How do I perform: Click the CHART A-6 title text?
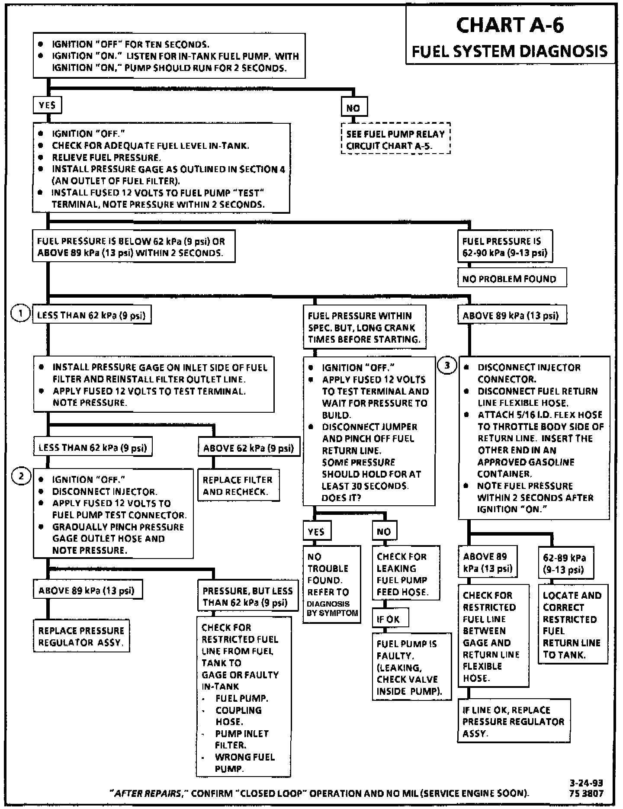[510, 25]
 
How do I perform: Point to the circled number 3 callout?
[447, 366]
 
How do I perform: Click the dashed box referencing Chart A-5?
[395, 140]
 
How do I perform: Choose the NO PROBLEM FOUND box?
[512, 279]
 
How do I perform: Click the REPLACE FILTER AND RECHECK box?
[238, 485]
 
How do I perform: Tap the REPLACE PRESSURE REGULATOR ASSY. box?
[81, 636]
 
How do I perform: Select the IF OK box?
[389, 620]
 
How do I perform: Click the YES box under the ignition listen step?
[47, 105]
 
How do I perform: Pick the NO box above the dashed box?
[353, 108]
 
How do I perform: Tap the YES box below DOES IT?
[317, 532]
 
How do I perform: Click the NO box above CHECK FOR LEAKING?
[384, 532]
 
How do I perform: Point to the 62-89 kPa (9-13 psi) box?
[565, 563]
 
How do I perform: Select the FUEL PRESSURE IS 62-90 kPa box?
[505, 247]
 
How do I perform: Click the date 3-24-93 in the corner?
[586, 783]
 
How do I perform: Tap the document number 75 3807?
[586, 793]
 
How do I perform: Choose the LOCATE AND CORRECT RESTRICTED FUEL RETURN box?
[572, 625]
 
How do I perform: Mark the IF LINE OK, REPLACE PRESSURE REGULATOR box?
[514, 721]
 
